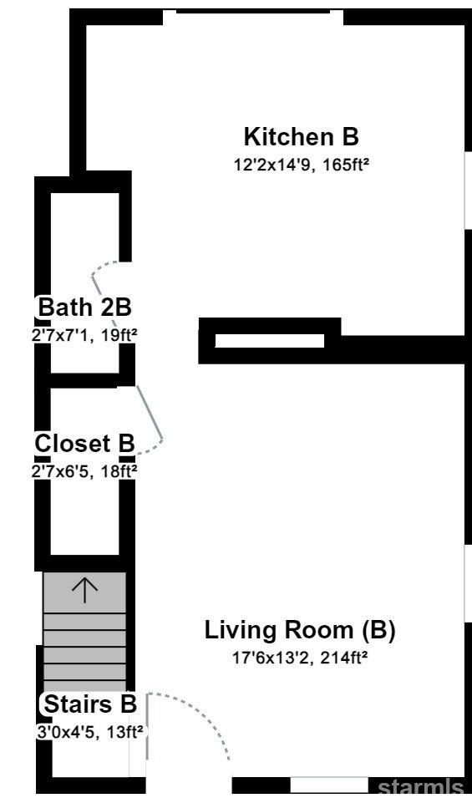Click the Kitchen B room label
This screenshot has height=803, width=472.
tap(301, 137)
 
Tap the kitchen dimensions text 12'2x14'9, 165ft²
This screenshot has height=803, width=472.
tap(302, 165)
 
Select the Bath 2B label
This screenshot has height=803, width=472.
tap(85, 307)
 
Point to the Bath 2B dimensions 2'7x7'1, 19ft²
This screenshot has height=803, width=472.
tap(84, 335)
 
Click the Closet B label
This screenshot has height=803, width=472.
tap(84, 444)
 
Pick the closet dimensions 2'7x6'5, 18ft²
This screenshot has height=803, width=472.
tap(84, 471)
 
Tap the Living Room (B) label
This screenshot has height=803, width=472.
tap(300, 630)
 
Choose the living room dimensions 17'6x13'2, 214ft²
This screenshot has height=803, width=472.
tap(301, 658)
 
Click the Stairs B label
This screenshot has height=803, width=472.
tap(90, 704)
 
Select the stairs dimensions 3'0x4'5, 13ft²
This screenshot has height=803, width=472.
tap(89, 732)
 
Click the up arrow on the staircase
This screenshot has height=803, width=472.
tap(84, 590)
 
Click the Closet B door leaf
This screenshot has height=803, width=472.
tap(150, 412)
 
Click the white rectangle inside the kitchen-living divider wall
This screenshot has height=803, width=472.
tap(270, 341)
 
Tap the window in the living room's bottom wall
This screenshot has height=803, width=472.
tap(329, 785)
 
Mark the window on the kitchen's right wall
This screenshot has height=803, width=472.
tap(468, 190)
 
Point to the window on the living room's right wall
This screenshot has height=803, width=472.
tap(468, 583)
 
